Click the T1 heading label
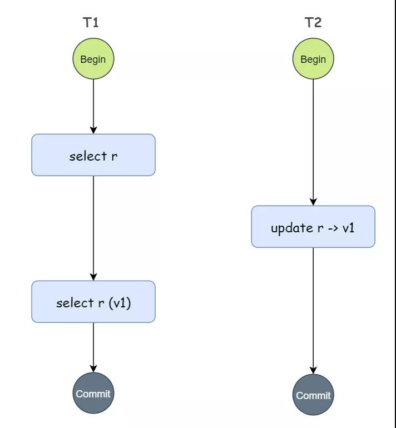(x=91, y=22)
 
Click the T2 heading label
(x=313, y=22)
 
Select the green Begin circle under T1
(x=93, y=59)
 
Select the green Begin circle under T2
(x=313, y=59)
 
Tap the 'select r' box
(x=93, y=155)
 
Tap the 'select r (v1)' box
(x=93, y=302)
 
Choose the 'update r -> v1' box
(x=313, y=227)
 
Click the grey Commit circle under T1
(x=93, y=393)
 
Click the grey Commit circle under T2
(x=313, y=395)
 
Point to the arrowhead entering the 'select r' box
(x=93, y=131)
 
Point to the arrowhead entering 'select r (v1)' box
(x=93, y=277)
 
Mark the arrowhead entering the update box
(x=313, y=202)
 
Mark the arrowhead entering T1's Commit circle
(x=93, y=369)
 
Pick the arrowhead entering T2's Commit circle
(x=313, y=370)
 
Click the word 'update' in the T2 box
(x=291, y=228)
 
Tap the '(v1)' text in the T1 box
(x=120, y=303)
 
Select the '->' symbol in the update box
(x=333, y=228)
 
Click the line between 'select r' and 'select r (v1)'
(x=93, y=228)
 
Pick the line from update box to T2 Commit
(x=313, y=311)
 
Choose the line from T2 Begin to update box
(x=313, y=142)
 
